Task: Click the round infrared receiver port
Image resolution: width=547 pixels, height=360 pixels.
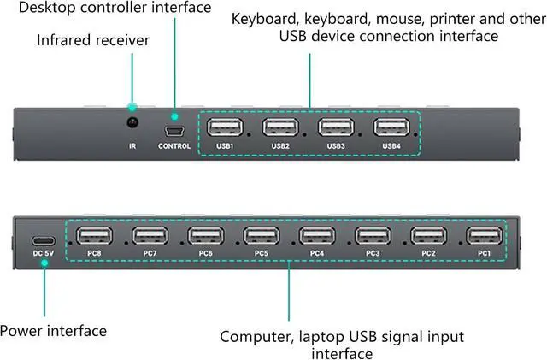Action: [132, 123]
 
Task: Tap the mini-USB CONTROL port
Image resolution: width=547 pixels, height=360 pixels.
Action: [175, 130]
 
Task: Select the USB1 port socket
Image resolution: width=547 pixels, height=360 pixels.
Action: [225, 127]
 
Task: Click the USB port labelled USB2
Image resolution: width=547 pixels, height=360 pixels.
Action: [280, 127]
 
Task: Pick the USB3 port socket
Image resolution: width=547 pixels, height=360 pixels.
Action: [336, 127]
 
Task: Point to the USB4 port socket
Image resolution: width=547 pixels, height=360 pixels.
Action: [391, 127]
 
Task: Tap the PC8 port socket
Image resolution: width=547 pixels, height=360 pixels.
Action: [94, 236]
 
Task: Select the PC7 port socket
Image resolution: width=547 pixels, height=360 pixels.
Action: [150, 236]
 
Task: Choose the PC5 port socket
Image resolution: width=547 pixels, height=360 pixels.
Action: [261, 236]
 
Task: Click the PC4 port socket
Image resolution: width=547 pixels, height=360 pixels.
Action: [316, 236]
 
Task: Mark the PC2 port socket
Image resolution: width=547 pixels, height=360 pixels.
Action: [428, 236]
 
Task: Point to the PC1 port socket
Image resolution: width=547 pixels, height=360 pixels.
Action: [484, 236]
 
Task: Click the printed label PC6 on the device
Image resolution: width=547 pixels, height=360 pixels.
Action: [205, 254]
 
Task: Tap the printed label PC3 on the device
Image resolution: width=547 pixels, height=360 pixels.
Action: [373, 254]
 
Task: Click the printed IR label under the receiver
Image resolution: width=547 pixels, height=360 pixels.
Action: [132, 146]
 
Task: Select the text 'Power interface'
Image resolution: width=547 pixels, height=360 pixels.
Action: [53, 331]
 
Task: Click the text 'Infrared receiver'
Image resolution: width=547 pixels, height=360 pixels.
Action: [94, 40]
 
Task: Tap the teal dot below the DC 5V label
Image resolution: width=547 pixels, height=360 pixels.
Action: [44, 264]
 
